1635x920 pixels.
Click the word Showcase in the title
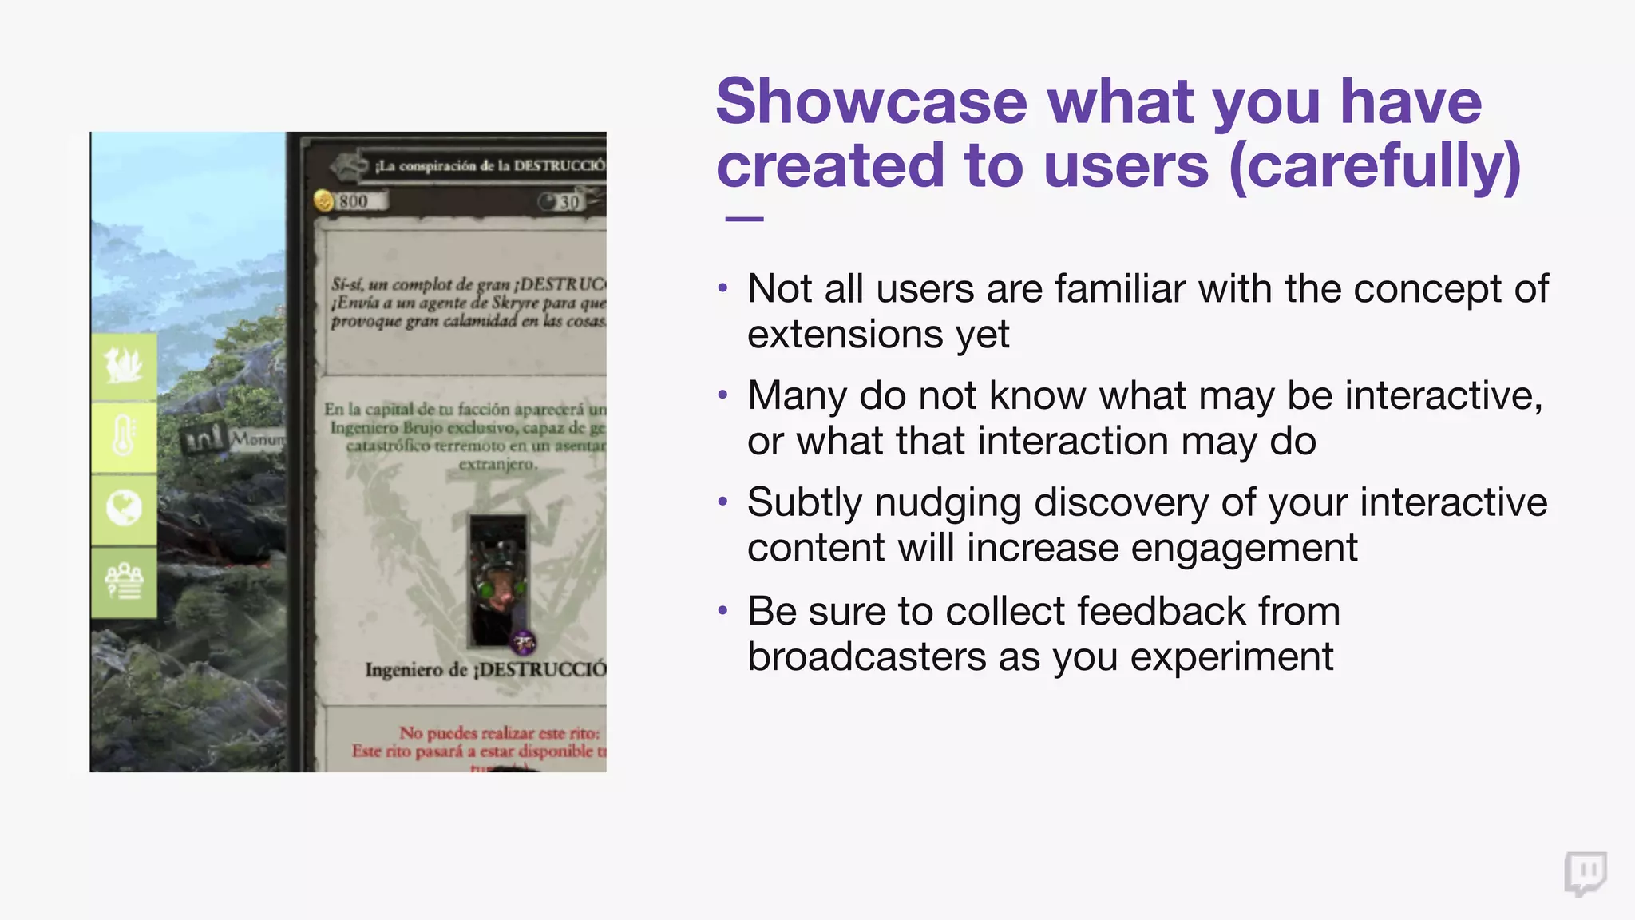871,102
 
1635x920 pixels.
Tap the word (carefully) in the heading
1375,166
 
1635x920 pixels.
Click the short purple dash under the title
744,219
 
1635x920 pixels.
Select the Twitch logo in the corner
1585,874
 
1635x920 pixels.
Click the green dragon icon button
124,367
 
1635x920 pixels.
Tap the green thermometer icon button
124,438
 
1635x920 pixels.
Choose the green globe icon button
124,509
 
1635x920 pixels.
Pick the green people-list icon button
124,581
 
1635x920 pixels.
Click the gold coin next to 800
324,200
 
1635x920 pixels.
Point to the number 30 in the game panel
568,202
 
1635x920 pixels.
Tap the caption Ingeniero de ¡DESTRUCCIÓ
485,669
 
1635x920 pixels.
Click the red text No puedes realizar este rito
499,732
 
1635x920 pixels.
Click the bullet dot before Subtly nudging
723,502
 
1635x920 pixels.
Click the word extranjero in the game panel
497,464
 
